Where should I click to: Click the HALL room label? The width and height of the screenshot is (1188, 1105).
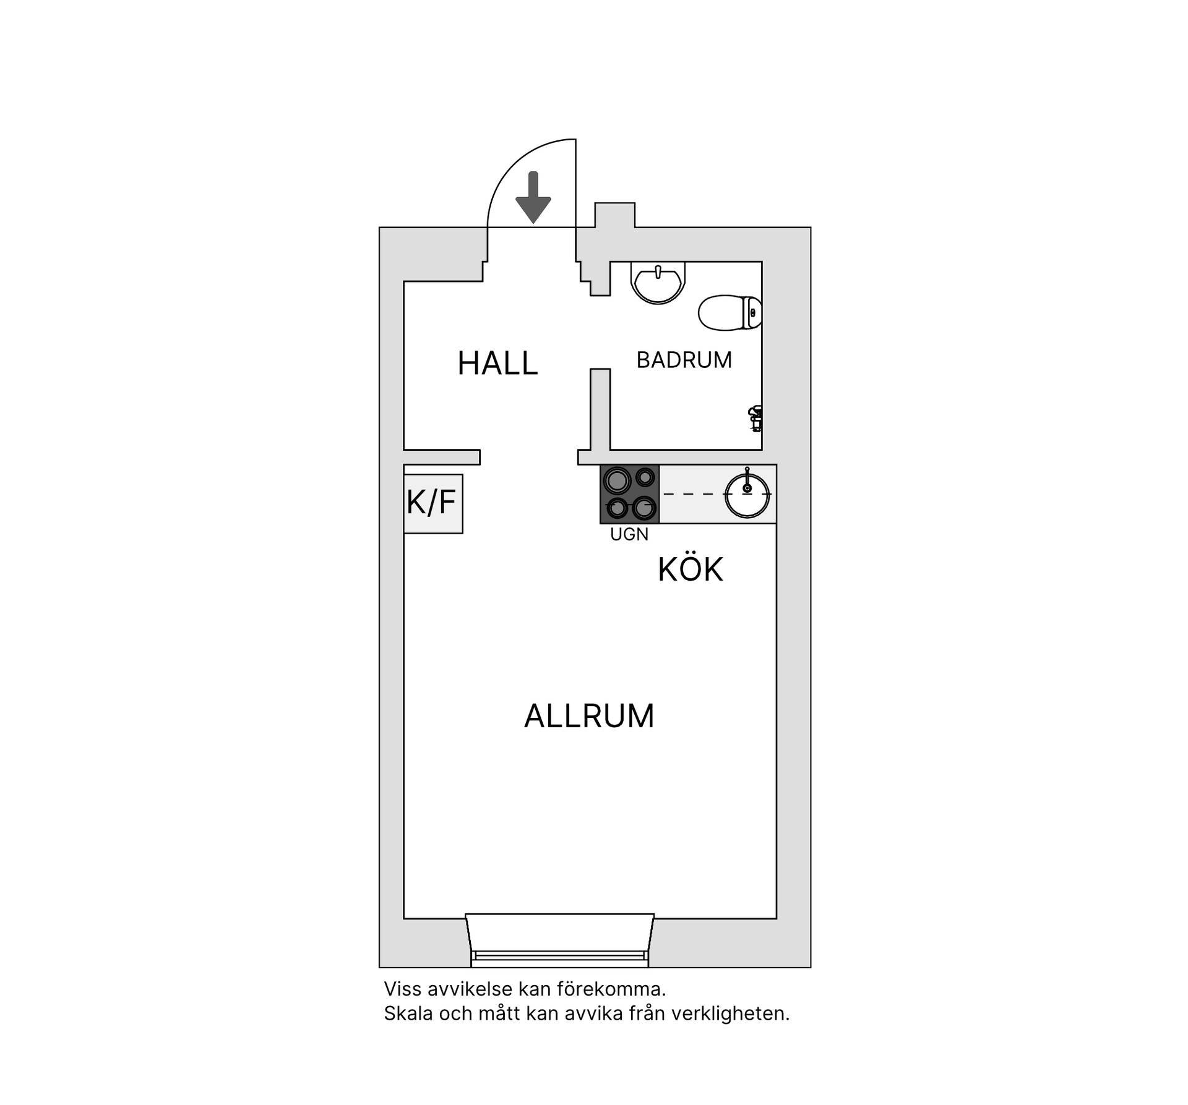click(497, 363)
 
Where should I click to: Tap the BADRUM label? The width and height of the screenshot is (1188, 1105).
click(684, 360)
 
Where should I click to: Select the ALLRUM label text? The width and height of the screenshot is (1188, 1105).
click(589, 716)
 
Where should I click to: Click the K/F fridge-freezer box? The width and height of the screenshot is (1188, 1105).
click(433, 503)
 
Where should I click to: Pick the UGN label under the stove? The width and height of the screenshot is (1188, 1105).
click(629, 535)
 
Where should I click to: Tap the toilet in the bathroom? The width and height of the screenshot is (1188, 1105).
click(730, 313)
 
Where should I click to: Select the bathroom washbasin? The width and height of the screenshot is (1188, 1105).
click(658, 282)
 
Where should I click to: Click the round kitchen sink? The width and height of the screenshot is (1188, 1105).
click(747, 494)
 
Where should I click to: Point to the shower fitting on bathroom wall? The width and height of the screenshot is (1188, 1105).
click(755, 419)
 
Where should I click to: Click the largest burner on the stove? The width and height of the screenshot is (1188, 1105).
click(617, 480)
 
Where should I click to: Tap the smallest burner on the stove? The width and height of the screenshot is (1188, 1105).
click(645, 477)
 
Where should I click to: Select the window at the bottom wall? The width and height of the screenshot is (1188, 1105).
click(559, 941)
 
